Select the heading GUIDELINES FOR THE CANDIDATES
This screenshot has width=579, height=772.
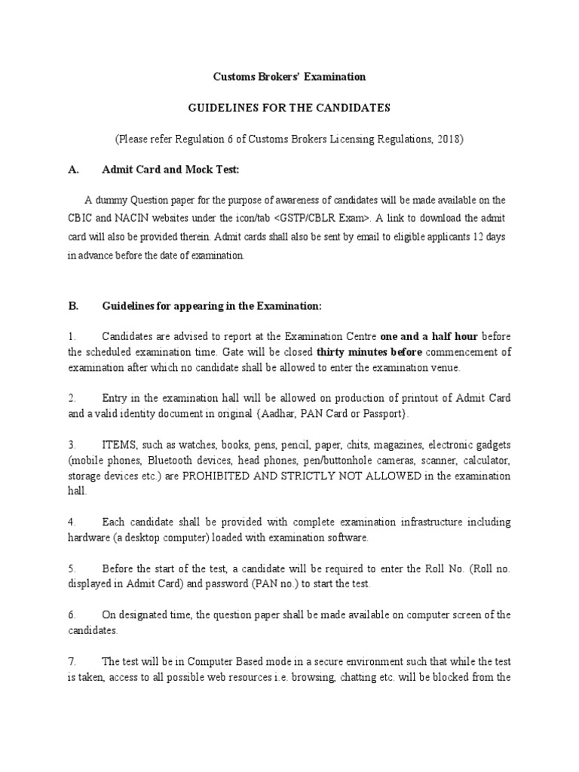pos(289,108)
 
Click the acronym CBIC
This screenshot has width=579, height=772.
pos(81,218)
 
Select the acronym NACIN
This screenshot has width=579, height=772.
pos(133,218)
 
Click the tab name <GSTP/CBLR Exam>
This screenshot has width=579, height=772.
pos(320,218)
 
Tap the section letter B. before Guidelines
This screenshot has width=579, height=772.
pos(73,305)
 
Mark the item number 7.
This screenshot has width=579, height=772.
pos(72,661)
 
